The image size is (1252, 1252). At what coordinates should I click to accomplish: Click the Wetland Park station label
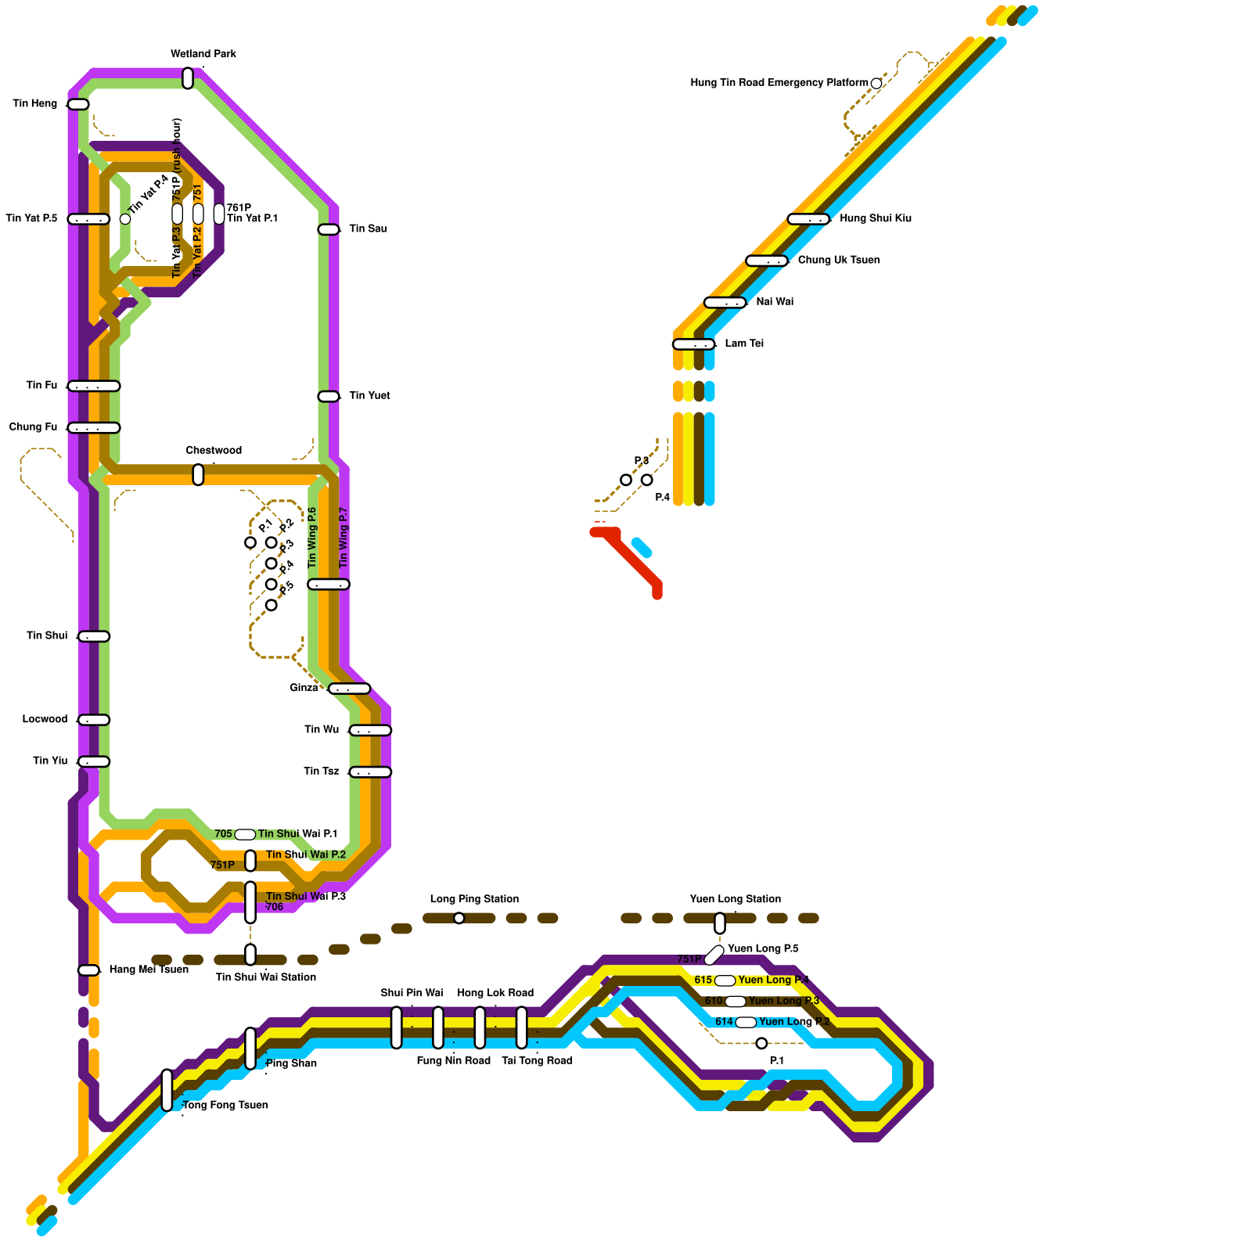tap(203, 54)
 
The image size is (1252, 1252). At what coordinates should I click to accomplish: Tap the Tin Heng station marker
tap(78, 104)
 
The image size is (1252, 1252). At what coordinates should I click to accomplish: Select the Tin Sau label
tap(368, 228)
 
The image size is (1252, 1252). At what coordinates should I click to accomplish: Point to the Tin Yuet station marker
tap(329, 397)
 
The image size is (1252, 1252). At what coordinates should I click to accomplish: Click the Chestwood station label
tap(214, 450)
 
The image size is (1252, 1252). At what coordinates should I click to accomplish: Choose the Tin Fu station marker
tap(94, 386)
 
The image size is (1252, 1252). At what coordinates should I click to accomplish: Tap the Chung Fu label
tap(33, 426)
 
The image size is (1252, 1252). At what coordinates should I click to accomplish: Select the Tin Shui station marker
tap(94, 636)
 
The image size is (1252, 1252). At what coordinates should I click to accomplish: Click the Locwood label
tap(45, 719)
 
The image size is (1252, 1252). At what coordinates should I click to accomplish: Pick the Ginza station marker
tap(349, 689)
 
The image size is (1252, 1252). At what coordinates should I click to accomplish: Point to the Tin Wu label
tap(322, 729)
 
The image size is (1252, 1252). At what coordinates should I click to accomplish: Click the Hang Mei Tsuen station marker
tap(88, 970)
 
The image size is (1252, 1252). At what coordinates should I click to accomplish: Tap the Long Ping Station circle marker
tap(459, 918)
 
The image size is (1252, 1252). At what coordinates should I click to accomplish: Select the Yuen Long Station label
tap(735, 899)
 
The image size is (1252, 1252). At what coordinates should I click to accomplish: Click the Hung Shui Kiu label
tap(875, 218)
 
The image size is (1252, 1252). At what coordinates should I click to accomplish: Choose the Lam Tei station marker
tap(693, 344)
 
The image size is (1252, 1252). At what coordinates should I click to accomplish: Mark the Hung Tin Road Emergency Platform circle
tap(876, 84)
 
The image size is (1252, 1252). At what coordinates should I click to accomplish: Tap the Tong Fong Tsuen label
tap(225, 1105)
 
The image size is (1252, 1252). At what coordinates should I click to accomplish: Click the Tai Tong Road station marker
tap(522, 1027)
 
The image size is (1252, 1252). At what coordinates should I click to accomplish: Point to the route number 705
tap(223, 834)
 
